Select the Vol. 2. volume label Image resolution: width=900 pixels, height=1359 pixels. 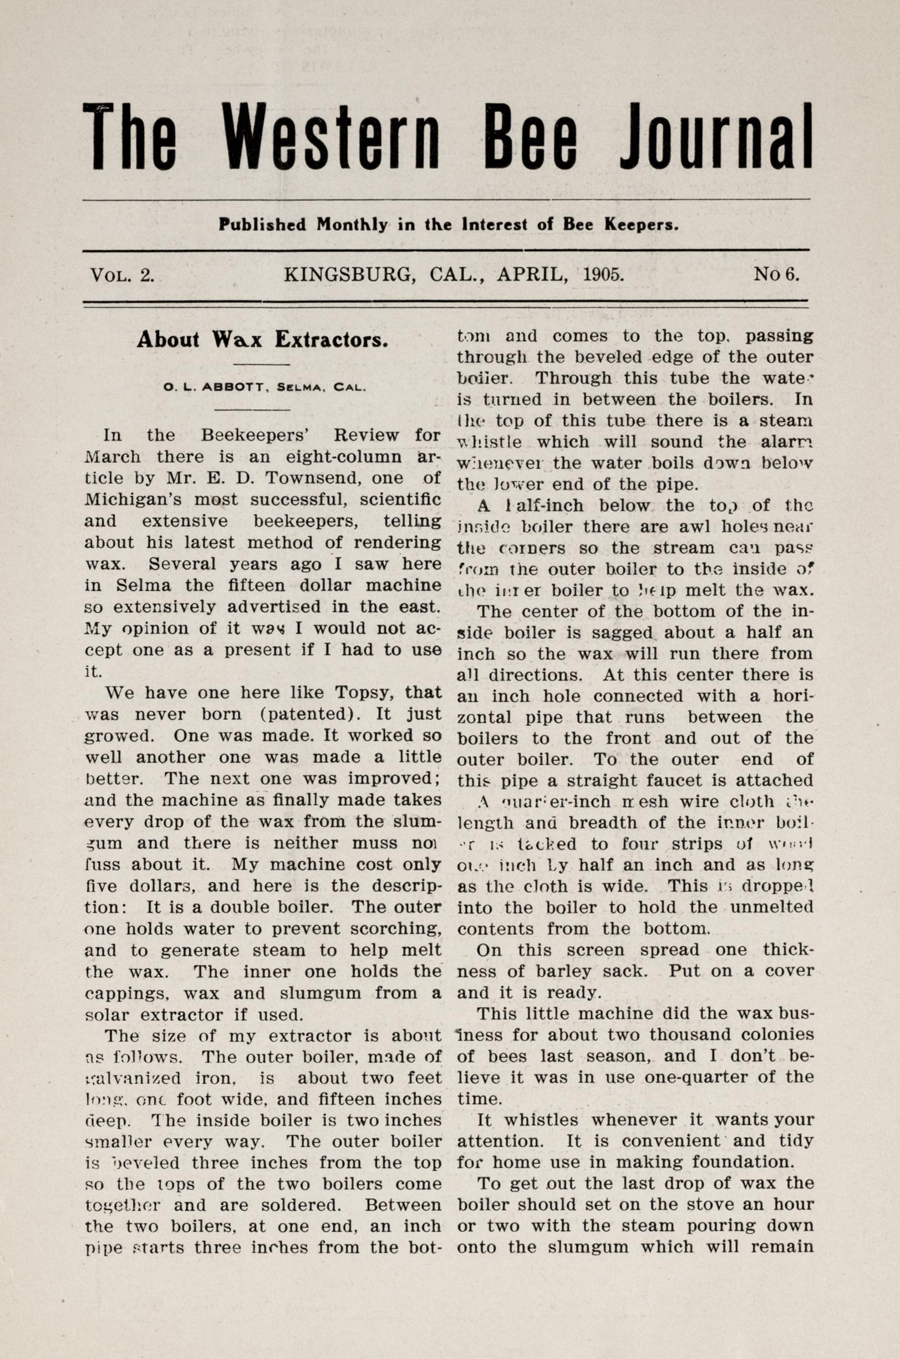click(x=121, y=274)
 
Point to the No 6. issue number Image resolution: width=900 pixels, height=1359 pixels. click(x=776, y=274)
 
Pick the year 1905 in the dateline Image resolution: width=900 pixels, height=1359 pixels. click(x=603, y=274)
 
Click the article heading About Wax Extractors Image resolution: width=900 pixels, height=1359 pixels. click(x=262, y=340)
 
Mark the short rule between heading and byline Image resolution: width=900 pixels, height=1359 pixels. click(x=262, y=364)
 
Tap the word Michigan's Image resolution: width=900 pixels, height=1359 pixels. click(x=133, y=499)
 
